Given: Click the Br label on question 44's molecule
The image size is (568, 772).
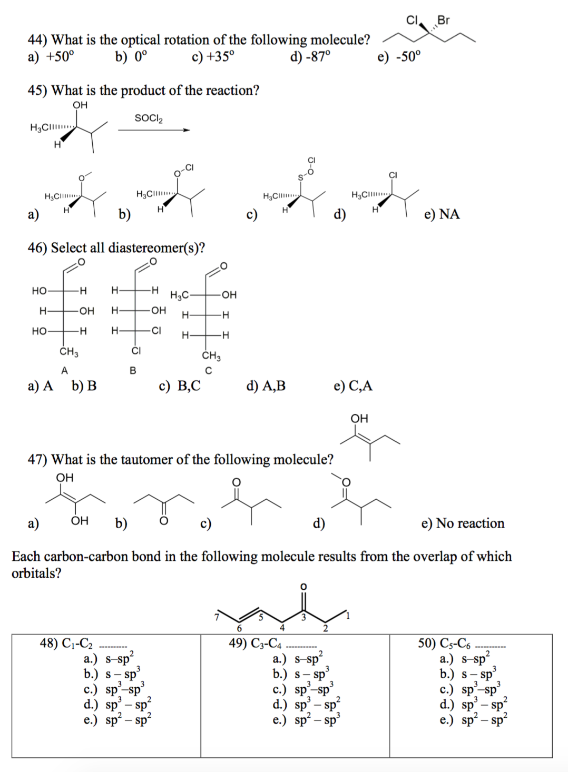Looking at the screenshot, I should pyautogui.click(x=444, y=20).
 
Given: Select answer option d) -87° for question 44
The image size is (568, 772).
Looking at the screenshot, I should pyautogui.click(x=310, y=56).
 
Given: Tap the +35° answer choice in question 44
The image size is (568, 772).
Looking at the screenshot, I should pyautogui.click(x=214, y=56).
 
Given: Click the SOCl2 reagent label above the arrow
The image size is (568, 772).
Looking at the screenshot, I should pyautogui.click(x=149, y=118).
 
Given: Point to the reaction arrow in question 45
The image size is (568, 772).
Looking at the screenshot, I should pyautogui.click(x=153, y=130).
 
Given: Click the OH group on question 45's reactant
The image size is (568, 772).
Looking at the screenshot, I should pyautogui.click(x=80, y=105).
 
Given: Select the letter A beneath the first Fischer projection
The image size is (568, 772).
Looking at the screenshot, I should pyautogui.click(x=64, y=371).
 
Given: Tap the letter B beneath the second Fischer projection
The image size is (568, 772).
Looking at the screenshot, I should pyautogui.click(x=133, y=371).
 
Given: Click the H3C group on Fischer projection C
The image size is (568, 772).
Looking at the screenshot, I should pyautogui.click(x=179, y=295).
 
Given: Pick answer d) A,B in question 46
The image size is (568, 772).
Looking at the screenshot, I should pyautogui.click(x=266, y=386).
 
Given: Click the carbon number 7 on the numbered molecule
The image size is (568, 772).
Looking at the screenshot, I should pyautogui.click(x=216, y=616).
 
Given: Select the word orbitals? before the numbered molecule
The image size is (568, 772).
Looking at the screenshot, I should pyautogui.click(x=36, y=573).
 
